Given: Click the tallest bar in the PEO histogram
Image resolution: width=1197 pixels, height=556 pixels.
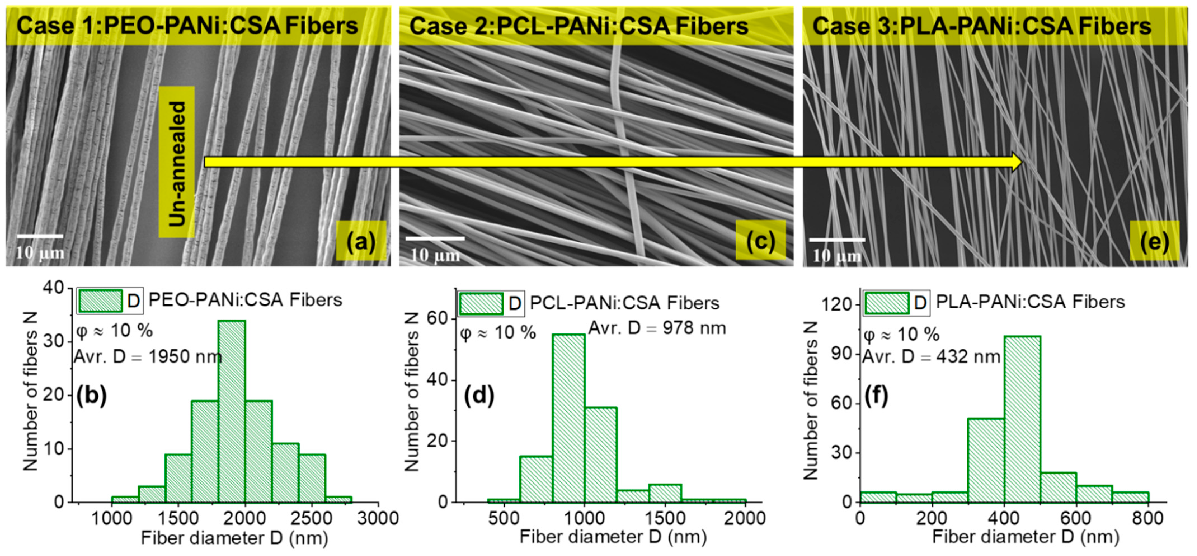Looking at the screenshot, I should pyautogui.click(x=231, y=411).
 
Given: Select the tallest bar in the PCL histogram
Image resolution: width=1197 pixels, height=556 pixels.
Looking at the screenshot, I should pyautogui.click(x=569, y=418).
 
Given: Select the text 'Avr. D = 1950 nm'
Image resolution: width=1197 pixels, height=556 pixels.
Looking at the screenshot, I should pyautogui.click(x=148, y=357).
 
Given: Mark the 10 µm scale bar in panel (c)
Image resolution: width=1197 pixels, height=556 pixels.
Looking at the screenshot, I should pyautogui.click(x=435, y=239).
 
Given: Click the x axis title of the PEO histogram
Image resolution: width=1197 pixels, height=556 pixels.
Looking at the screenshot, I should pyautogui.click(x=235, y=538).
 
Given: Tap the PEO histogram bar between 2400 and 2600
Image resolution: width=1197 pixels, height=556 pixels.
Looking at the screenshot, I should pyautogui.click(x=312, y=479).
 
